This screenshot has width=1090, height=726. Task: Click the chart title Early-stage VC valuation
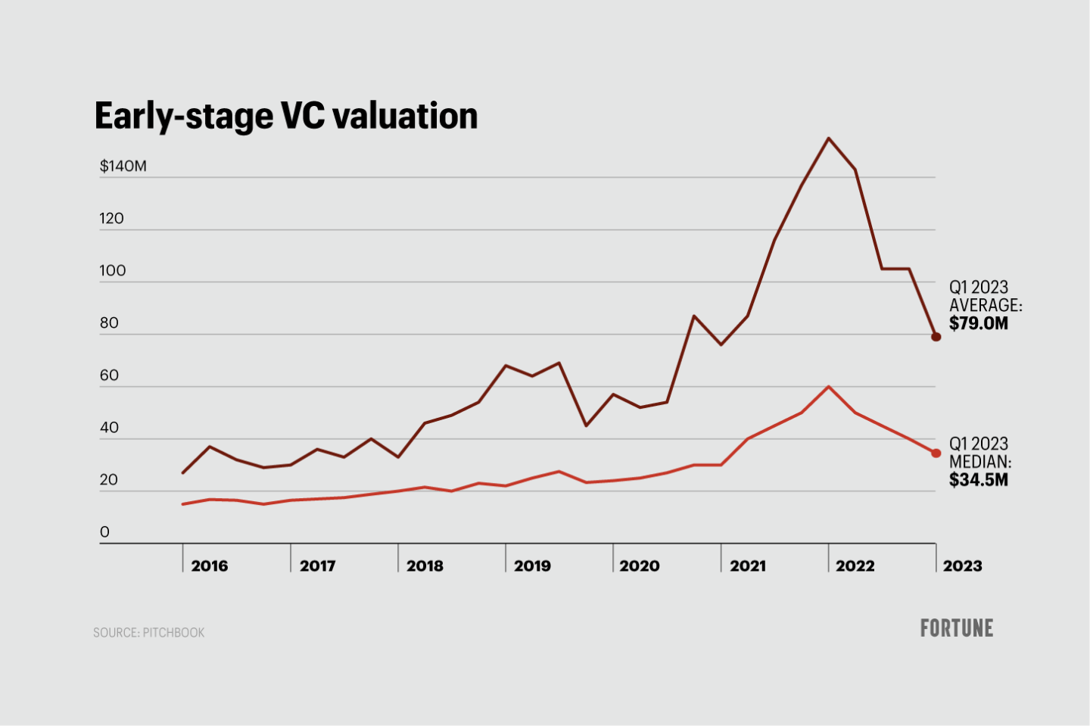(286, 116)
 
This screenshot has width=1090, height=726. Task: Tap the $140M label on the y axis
(123, 166)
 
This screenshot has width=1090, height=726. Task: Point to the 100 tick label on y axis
(112, 270)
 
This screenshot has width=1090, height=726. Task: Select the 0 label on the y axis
(104, 531)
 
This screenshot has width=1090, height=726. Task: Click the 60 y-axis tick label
(109, 375)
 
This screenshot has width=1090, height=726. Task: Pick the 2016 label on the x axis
(210, 566)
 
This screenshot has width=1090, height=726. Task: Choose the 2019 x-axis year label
(532, 566)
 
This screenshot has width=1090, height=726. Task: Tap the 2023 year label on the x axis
(962, 566)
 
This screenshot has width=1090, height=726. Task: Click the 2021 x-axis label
(747, 566)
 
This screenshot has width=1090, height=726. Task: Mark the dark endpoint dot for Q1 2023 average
(936, 337)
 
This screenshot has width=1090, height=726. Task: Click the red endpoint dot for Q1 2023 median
(936, 453)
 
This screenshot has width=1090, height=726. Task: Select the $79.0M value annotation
(979, 323)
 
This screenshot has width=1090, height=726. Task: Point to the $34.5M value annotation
(979, 480)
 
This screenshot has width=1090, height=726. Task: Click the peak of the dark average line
(829, 138)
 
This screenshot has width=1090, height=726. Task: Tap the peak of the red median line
(829, 387)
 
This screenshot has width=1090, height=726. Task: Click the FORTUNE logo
(957, 628)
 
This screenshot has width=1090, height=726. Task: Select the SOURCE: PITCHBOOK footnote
(149, 632)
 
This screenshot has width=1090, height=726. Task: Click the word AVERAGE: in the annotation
(986, 305)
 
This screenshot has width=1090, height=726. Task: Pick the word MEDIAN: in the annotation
(980, 462)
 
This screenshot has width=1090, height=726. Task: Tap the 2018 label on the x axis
(425, 566)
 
